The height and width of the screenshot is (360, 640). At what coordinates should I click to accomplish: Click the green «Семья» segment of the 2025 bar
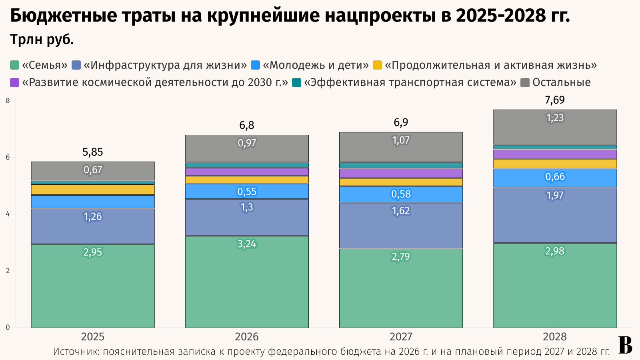pos(93,286)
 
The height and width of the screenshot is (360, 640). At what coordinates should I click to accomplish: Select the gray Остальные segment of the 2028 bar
pos(555,127)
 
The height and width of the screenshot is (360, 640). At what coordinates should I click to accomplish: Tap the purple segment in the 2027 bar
pos(401,173)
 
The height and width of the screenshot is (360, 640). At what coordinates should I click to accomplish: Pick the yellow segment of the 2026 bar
pos(247,180)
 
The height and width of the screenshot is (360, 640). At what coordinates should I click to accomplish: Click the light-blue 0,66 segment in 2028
pos(555,178)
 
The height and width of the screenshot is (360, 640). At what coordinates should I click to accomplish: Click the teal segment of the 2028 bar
pos(555,147)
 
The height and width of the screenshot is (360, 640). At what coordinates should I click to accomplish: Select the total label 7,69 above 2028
pos(555,100)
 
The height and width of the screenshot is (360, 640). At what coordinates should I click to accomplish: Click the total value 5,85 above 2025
pos(93,152)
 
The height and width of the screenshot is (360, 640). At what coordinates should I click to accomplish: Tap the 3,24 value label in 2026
pos(247,244)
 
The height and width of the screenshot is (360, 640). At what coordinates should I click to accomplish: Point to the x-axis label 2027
pos(401,337)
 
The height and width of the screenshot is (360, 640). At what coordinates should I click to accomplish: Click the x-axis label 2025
pos(93,337)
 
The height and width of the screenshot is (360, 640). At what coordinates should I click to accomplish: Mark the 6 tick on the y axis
pos(8,158)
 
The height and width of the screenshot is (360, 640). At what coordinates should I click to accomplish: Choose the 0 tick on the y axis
pos(8,328)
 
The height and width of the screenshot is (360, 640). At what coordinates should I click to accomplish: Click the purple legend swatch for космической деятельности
pos(15,83)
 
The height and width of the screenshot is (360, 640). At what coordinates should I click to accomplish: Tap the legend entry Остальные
pos(561,83)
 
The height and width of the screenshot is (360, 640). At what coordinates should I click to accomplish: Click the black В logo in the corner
pos(626,345)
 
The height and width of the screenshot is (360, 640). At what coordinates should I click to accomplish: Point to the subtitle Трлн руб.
pos(42,40)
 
